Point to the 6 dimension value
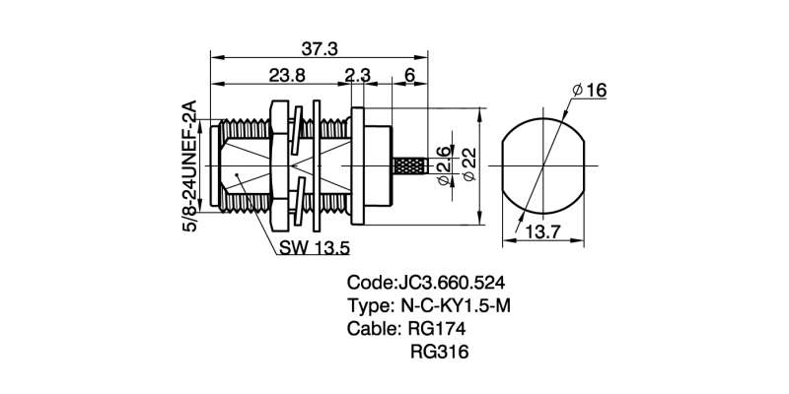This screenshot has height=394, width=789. click(407, 75)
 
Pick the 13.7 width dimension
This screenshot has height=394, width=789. click(542, 232)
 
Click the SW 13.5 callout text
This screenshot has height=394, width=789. click(314, 246)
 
